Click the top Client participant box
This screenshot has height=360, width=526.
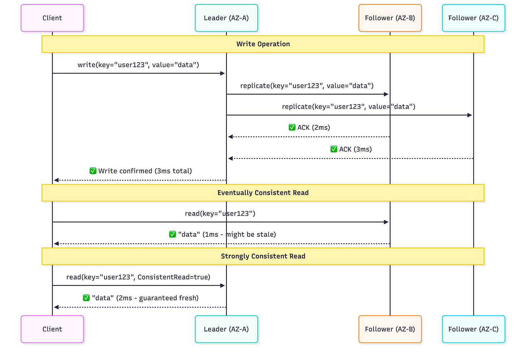pos(52,18)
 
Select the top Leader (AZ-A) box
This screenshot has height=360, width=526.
pos(226,18)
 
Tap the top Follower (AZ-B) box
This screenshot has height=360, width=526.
pos(390,18)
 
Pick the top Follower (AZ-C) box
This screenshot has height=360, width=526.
pos(473,18)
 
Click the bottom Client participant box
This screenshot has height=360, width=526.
pos(52,329)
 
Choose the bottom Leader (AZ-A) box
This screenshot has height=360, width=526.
pos(226,329)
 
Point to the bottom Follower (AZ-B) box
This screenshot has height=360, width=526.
pos(390,329)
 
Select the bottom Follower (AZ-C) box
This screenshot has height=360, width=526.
pos(473,329)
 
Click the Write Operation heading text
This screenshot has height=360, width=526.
pos(263,44)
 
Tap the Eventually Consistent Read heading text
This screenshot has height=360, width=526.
pos(263,193)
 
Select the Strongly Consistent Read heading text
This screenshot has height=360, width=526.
pos(263,256)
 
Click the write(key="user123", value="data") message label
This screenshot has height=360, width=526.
pos(138,65)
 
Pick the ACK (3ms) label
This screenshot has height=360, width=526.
pos(355,149)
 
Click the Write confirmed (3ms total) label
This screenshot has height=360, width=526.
pos(145,171)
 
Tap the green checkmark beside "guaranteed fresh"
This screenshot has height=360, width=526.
pos(86,298)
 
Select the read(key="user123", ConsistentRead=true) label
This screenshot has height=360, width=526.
pos(138,277)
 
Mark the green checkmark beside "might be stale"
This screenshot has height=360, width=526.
pos(173,235)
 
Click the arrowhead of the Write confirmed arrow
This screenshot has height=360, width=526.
pos(56,180)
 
